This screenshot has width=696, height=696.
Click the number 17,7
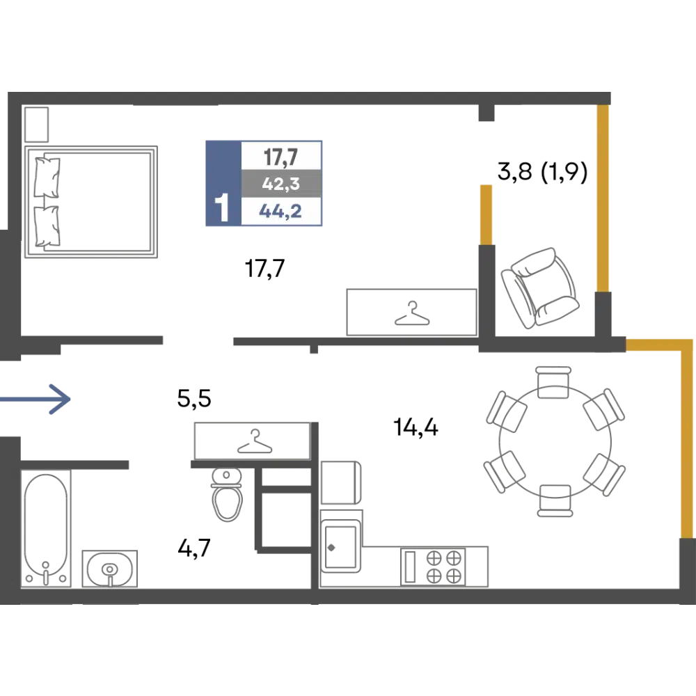point(280,155)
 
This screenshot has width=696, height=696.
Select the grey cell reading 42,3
point(280,185)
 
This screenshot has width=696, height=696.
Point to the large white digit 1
point(222,208)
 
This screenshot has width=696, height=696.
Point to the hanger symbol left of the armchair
point(413,310)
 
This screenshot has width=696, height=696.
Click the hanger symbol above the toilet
point(255,443)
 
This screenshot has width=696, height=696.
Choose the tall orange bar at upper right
point(604,198)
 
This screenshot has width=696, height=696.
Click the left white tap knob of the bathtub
point(30,578)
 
